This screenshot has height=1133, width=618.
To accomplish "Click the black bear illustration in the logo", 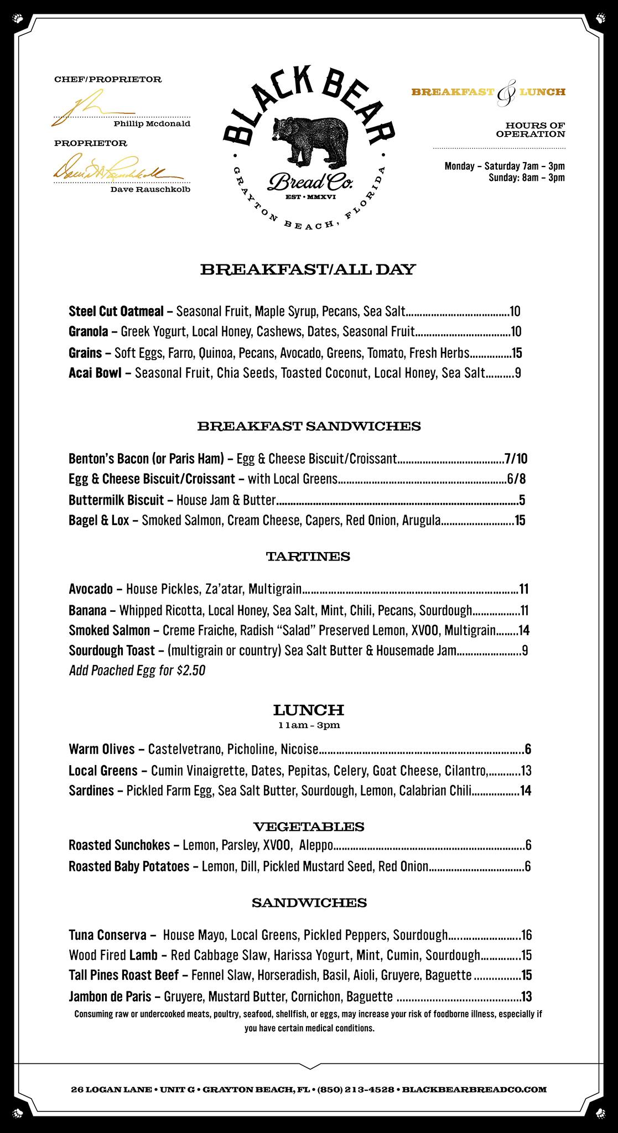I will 309,138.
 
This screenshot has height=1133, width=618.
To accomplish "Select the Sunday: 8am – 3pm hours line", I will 526,178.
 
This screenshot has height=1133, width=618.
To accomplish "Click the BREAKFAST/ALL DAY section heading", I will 308,270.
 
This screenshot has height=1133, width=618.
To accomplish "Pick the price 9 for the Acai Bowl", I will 518,373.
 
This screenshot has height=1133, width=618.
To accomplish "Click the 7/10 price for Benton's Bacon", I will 516,458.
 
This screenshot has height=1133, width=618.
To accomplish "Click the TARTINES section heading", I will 308,557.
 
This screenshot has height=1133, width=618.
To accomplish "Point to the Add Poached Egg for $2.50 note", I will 137,671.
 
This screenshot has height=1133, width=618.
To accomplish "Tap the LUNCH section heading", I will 309,709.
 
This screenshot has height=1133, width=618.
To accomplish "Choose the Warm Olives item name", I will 102,749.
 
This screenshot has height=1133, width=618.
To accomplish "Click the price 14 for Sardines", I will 525,791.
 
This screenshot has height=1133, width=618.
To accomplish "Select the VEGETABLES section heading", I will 309,827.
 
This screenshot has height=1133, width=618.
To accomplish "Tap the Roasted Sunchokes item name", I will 119,845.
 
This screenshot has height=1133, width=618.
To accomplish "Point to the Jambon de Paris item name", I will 110,997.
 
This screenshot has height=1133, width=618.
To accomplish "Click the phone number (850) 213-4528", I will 355,1089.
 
